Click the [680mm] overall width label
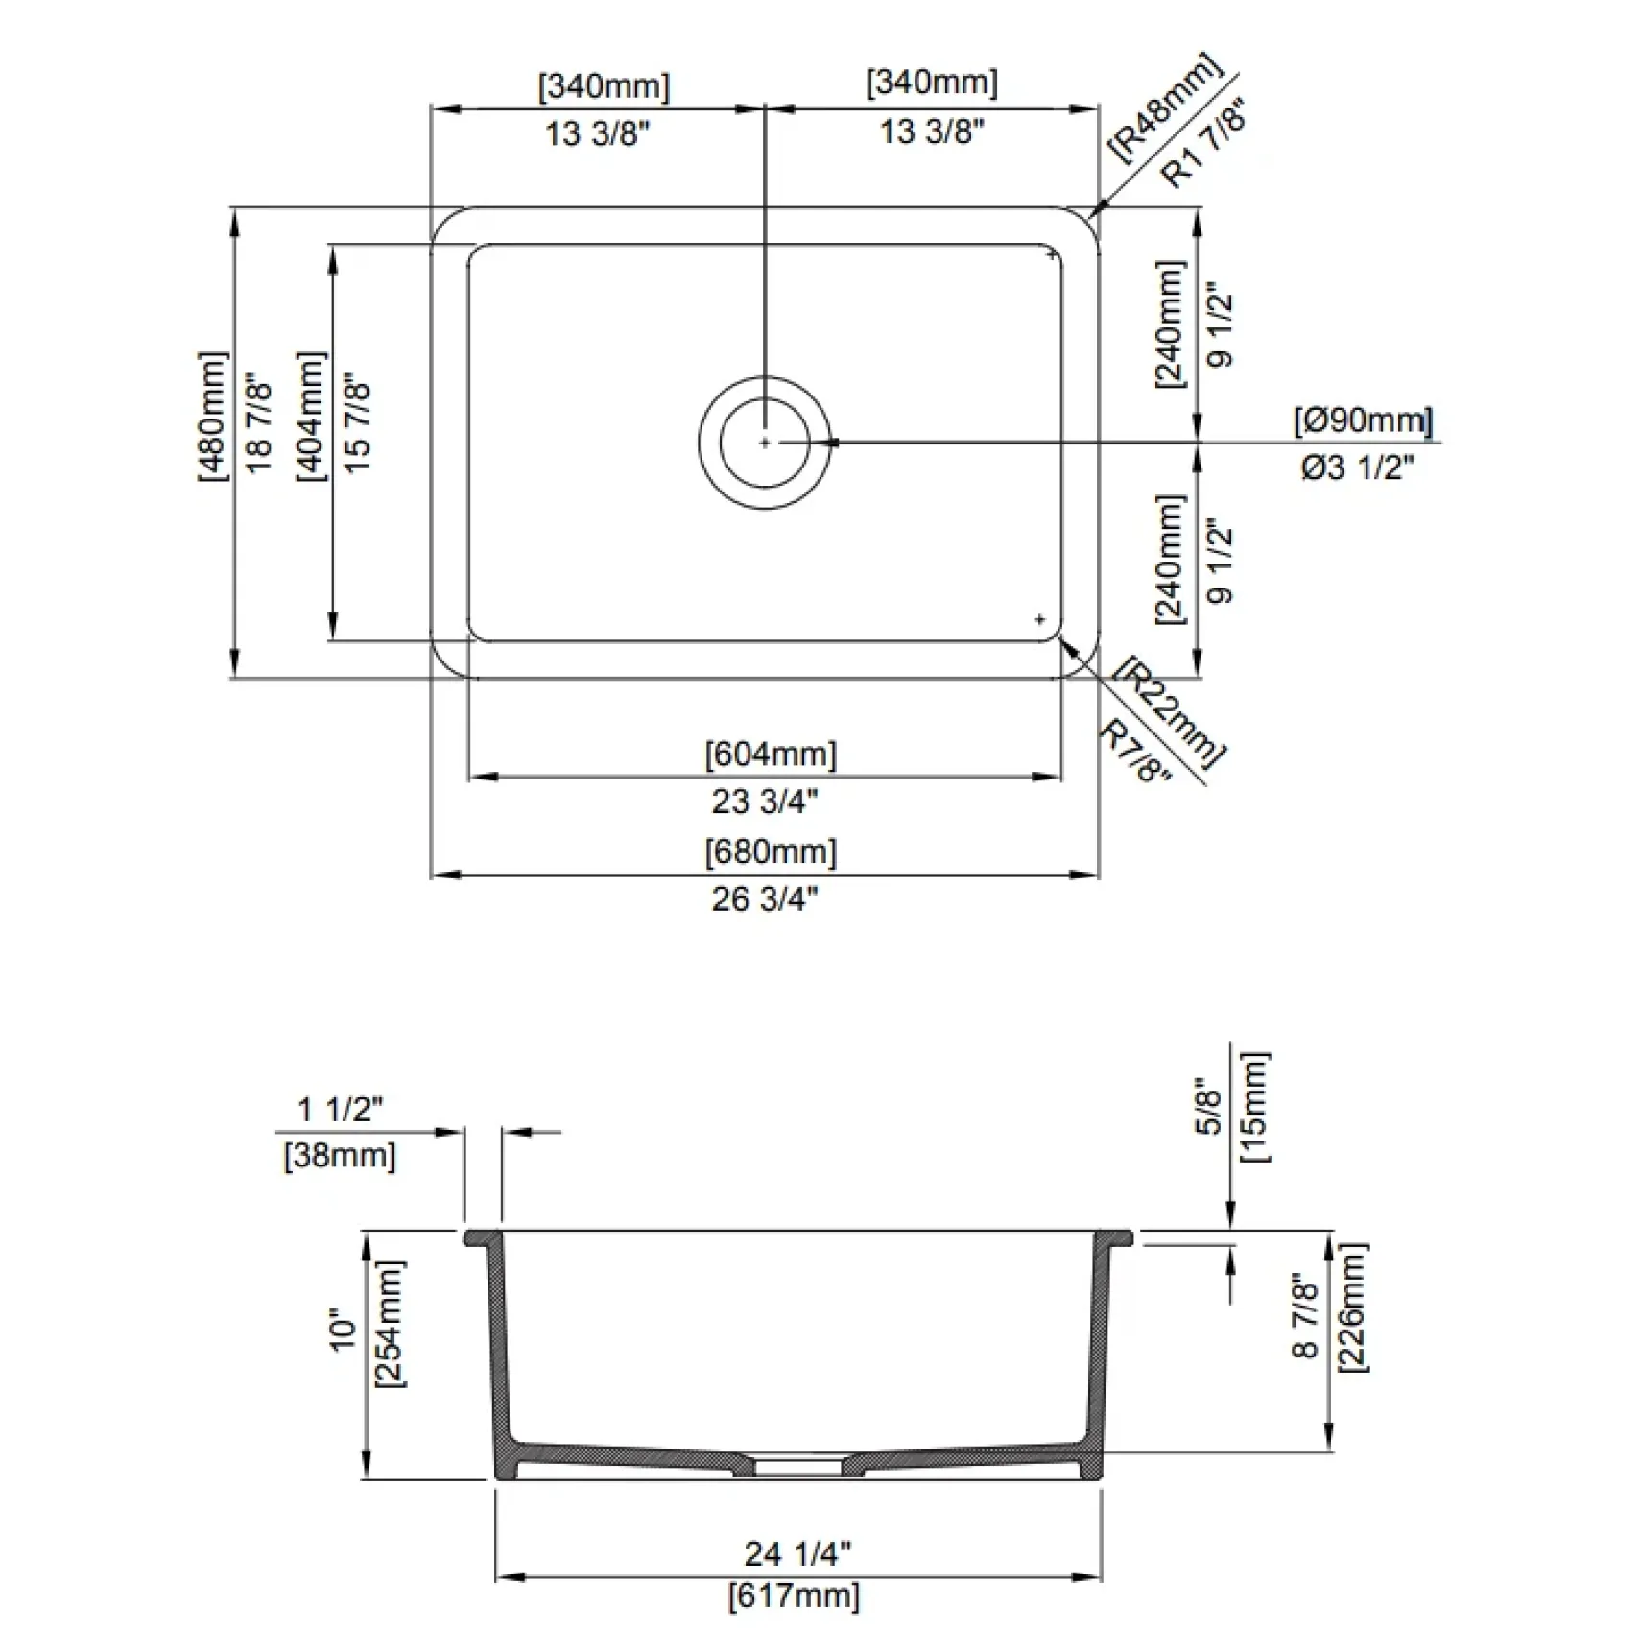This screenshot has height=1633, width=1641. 771,853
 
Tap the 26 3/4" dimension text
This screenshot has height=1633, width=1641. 765,900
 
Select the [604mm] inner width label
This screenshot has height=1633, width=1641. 771,755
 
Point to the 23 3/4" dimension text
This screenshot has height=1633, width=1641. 765,801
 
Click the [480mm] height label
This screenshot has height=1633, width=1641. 214,416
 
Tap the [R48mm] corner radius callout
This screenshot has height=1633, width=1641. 1165,108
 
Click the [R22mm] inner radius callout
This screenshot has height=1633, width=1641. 1173,712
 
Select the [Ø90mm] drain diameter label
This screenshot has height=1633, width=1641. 1364,420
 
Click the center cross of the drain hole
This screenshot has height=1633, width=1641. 765,443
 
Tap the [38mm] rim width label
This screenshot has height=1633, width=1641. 340,1155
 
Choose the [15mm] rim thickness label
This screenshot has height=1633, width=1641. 1255,1107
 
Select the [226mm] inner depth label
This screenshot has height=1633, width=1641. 1352,1308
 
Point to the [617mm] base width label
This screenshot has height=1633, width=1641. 795,1596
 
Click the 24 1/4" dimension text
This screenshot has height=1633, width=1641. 797,1553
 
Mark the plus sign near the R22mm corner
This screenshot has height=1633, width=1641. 1039,620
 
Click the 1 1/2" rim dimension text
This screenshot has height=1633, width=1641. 340,1110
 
